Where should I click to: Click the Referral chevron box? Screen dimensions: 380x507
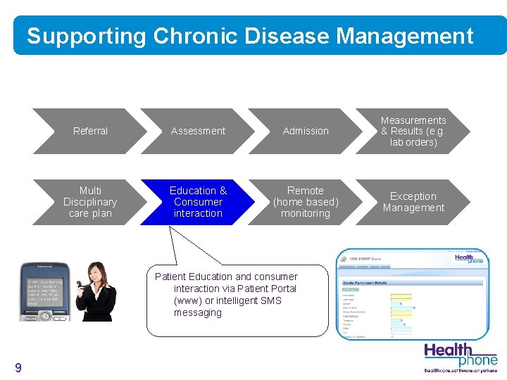tap(90, 131)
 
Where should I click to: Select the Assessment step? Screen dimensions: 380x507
tap(198, 131)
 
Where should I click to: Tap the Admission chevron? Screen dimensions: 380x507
tap(306, 131)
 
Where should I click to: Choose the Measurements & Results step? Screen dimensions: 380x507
tap(413, 131)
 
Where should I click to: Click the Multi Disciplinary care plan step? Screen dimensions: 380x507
tap(90, 202)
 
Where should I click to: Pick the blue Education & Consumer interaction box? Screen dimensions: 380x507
tap(198, 202)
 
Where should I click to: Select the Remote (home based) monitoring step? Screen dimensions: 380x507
tap(306, 202)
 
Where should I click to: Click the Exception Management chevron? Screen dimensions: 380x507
tap(413, 202)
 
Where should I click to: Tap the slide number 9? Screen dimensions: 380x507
tap(18, 368)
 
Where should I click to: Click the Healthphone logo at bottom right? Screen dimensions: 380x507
tap(460, 355)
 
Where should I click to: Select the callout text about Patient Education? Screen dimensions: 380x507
tap(236, 295)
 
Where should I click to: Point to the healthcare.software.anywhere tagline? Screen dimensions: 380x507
tap(460, 370)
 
